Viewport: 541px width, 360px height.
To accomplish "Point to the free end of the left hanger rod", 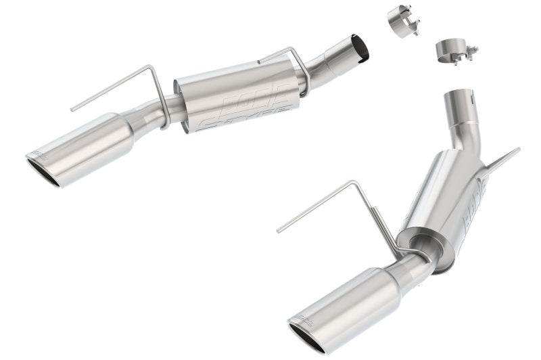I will point(72,108).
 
